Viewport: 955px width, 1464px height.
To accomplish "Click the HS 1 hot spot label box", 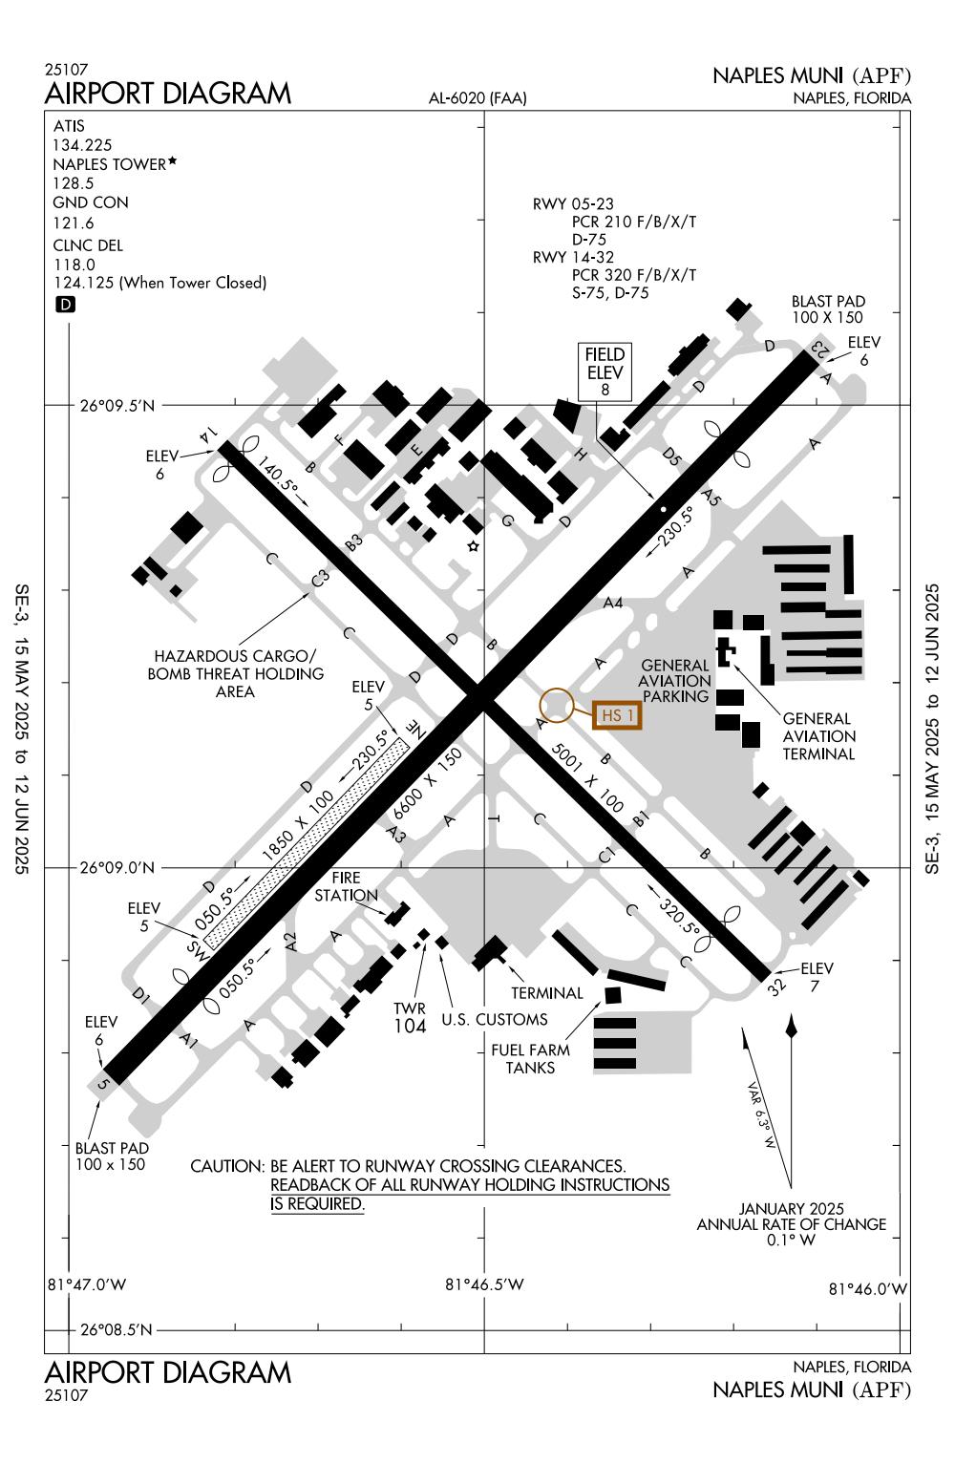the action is point(617,715).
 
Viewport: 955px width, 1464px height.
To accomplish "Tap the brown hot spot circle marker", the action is point(556,705).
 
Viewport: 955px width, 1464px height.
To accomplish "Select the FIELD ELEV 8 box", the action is point(605,371).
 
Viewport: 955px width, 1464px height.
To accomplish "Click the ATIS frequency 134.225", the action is point(82,144).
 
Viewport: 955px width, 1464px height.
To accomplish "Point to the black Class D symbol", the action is point(65,304).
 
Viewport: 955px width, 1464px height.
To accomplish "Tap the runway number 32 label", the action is point(776,986).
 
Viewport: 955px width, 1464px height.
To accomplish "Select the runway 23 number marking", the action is point(819,348).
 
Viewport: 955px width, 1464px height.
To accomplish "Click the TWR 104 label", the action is point(410,1018).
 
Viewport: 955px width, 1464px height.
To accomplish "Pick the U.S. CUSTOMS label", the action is point(495,1020).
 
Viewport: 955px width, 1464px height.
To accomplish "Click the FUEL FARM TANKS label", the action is point(530,1059).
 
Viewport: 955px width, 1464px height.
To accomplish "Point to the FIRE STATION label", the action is point(346,886).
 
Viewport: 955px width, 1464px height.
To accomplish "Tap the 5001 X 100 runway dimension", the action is point(587,777).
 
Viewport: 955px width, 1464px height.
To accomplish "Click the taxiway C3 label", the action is point(320,578).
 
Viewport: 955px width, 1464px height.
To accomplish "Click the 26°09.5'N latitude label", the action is point(117,406).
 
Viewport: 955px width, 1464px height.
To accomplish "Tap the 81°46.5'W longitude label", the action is point(484,1284).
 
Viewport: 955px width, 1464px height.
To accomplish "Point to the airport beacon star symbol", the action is point(474,545).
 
